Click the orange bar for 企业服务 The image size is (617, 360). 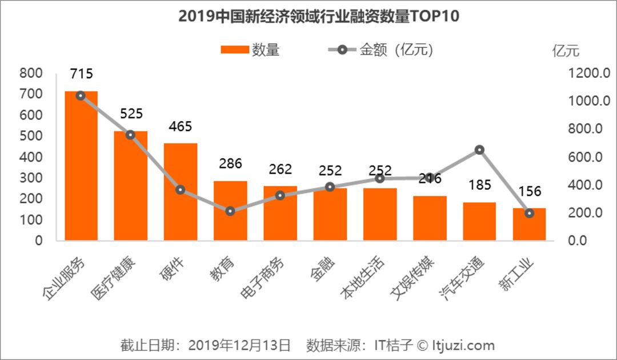(x=81, y=166)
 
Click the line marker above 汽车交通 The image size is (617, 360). (x=479, y=150)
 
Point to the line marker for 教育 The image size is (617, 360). (x=230, y=211)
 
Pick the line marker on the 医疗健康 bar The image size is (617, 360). (x=130, y=135)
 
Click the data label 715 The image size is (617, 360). (x=81, y=74)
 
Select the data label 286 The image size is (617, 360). (x=230, y=163)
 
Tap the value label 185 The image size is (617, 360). (x=479, y=185)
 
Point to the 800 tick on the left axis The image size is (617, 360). (x=31, y=73)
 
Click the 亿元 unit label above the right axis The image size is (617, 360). (x=566, y=50)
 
